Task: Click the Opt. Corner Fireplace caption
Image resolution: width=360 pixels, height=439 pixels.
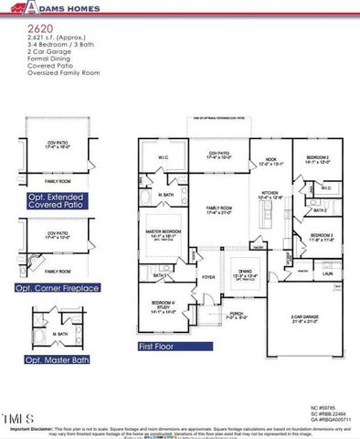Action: [x=54, y=287]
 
